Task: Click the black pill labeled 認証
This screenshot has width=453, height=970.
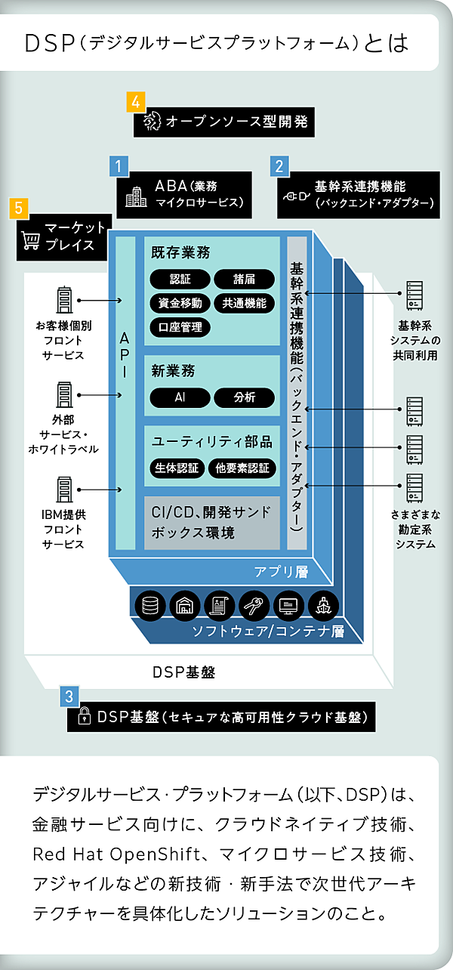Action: pyautogui.click(x=180, y=280)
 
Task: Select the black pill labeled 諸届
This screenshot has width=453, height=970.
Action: pyautogui.click(x=244, y=280)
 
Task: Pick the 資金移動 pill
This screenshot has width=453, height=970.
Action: pyautogui.click(x=180, y=304)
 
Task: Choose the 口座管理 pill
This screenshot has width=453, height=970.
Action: pyautogui.click(x=180, y=328)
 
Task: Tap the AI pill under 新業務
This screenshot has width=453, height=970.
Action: pyautogui.click(x=180, y=397)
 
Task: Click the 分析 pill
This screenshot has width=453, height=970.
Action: pyautogui.click(x=244, y=397)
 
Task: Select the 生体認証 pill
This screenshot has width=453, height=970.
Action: pyautogui.click(x=176, y=468)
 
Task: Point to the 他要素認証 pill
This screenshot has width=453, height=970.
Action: pyautogui.click(x=241, y=468)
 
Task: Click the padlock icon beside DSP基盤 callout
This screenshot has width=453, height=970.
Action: pyautogui.click(x=85, y=717)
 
